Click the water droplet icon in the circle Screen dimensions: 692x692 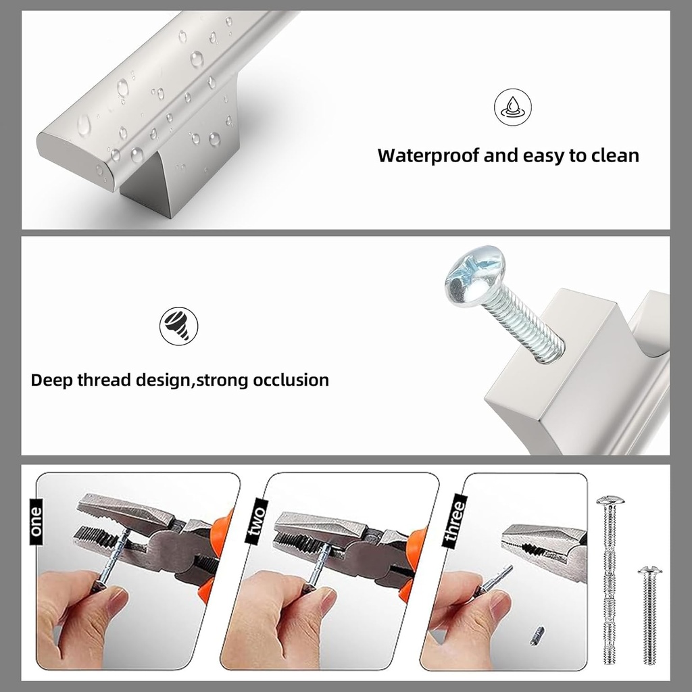click(512, 107)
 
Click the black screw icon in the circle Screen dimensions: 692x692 click(178, 326)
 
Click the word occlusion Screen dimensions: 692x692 click(291, 380)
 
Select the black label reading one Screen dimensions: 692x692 click(36, 521)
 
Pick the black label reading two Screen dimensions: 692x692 click(254, 522)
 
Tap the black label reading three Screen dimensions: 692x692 click(455, 522)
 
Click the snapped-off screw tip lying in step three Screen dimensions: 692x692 click(537, 637)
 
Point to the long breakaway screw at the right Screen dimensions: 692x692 click(610, 581)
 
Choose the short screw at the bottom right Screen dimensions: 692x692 click(649, 615)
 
